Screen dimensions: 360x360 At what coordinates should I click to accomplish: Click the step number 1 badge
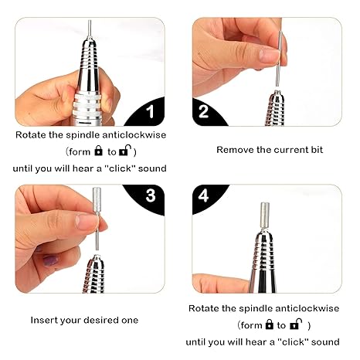pos(150,112)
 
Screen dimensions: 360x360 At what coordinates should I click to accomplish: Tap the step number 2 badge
pos(203,111)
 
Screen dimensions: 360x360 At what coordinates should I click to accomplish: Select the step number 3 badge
pos(151,195)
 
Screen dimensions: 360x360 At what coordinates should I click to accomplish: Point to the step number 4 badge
pos(203,196)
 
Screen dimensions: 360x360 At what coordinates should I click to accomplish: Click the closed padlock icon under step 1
pos(98,151)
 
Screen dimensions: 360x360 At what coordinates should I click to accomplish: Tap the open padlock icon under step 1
pos(125,151)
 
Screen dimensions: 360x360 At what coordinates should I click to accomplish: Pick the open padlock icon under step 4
pos(296,324)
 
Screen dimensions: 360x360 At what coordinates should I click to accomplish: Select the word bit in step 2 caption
pos(317,150)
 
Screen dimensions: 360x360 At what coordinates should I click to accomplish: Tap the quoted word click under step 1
pos(121,168)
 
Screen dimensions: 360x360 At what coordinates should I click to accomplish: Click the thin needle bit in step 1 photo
pos(90,29)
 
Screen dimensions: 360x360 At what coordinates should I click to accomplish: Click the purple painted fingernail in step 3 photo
pos(50,260)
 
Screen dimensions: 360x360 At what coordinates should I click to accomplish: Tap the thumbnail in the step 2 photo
pos(269,55)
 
